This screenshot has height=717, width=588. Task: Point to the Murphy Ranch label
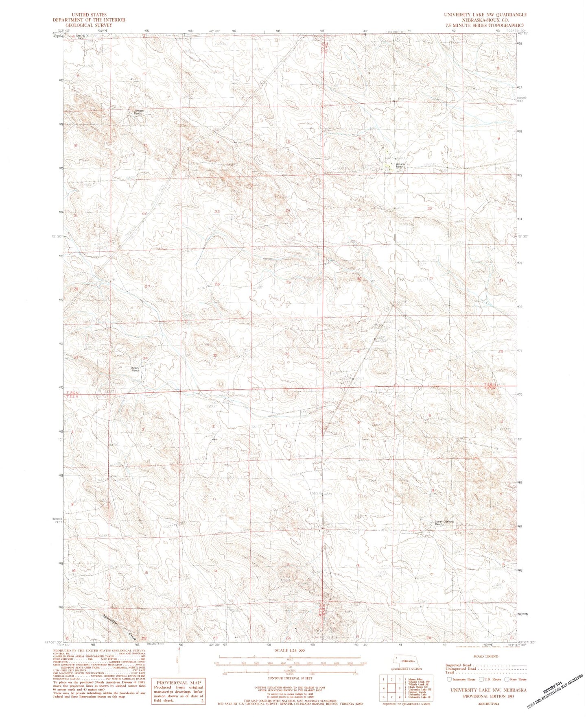coord(136,370)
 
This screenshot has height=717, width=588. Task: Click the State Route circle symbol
coord(507,679)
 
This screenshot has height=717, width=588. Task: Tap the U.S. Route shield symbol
coord(481,679)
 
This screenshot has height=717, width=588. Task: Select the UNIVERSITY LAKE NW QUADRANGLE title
coord(485,15)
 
